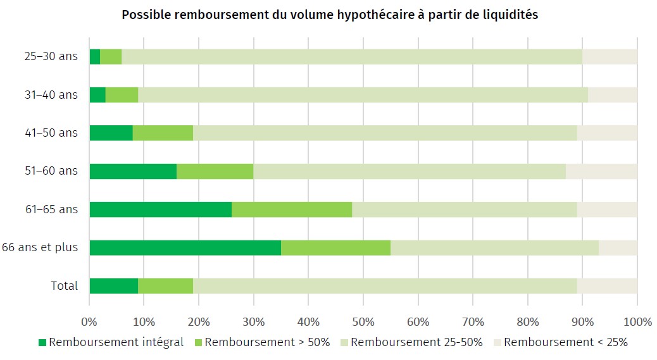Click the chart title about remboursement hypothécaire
329,15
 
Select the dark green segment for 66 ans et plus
185,247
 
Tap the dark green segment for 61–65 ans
160,209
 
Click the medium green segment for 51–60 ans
215,171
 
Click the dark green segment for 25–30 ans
95,56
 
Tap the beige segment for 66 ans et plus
618,247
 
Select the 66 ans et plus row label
40,247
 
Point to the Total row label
65,286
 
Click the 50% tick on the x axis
363,321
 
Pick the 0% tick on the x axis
89,321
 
